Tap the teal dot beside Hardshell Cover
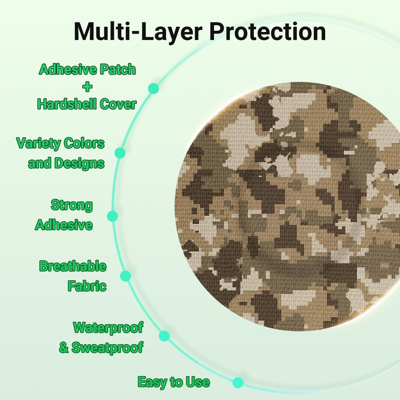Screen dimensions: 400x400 point(153,88)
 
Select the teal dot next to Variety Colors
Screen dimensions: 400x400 point(120,153)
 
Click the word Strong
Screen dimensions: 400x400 point(72,205)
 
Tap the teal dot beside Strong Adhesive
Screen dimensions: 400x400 point(112,216)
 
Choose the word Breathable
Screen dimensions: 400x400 point(73,266)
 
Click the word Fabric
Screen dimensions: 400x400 point(87,286)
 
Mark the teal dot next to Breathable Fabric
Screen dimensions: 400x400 point(126,276)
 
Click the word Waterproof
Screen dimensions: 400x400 point(108,328)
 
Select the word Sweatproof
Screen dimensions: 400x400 point(107,347)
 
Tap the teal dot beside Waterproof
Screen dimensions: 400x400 point(164,336)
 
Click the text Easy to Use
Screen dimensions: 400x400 point(174,382)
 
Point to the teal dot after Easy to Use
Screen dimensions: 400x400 point(238,382)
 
